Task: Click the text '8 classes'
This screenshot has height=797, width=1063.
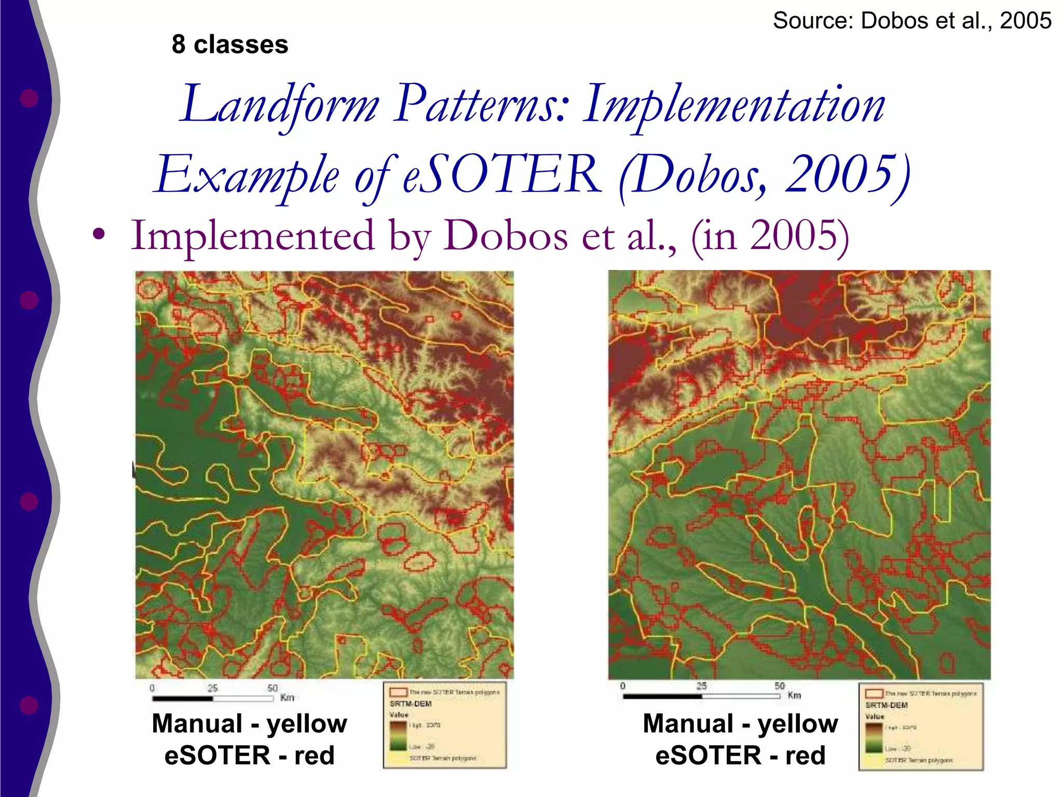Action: (230, 45)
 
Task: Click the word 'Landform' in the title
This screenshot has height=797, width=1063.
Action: (280, 105)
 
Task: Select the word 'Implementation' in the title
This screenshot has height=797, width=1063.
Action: (734, 105)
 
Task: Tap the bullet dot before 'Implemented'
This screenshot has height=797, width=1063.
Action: (99, 235)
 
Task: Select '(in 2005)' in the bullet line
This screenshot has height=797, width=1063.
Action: (770, 236)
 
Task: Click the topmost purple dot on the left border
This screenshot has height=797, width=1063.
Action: (29, 98)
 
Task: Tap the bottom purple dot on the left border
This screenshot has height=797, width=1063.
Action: (29, 705)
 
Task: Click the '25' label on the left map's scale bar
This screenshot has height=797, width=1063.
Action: (212, 688)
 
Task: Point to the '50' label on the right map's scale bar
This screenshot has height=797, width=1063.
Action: (780, 685)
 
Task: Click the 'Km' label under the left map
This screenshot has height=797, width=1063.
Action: (287, 698)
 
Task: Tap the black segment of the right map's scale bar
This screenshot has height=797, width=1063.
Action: (662, 696)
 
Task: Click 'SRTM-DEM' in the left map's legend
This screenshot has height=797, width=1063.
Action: (411, 704)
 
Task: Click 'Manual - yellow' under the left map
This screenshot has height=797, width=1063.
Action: (249, 723)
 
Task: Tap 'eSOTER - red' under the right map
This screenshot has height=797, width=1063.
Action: (740, 755)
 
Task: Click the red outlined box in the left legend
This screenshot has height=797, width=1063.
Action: (398, 692)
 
